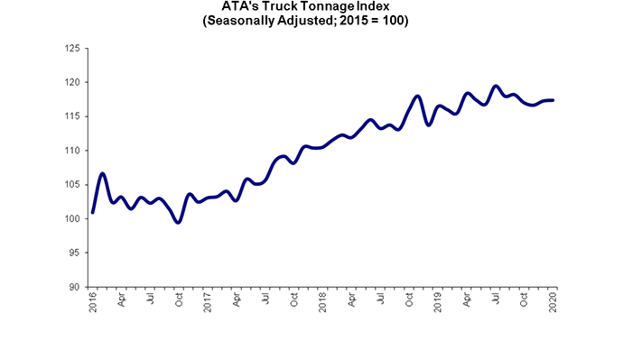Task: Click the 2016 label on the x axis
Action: pyautogui.click(x=93, y=302)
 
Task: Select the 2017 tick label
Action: pyautogui.click(x=209, y=302)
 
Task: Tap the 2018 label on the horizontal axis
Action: pyautogui.click(x=323, y=302)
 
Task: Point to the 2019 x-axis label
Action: pyautogui.click(x=439, y=302)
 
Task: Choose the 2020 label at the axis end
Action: pyautogui.click(x=554, y=302)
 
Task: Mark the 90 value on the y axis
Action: pyautogui.click(x=77, y=287)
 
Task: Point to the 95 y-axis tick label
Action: pyautogui.click(x=77, y=253)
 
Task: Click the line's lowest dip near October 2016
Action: pyautogui.click(x=178, y=222)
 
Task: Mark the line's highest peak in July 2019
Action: pyautogui.click(x=496, y=87)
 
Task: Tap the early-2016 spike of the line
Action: pyautogui.click(x=103, y=173)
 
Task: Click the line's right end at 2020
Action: pyautogui.click(x=553, y=100)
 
